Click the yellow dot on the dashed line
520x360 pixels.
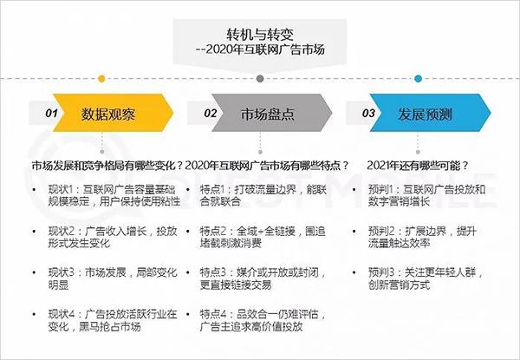(x=101, y=79)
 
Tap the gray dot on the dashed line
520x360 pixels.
(x=260, y=79)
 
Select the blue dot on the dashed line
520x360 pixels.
(x=419, y=79)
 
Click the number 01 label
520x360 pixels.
(x=51, y=114)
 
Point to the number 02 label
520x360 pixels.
(x=211, y=114)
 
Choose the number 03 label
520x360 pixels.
(x=368, y=114)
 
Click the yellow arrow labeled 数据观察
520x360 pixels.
(x=113, y=113)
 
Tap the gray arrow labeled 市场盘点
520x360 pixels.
(x=271, y=113)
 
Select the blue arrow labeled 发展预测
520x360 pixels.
(x=430, y=113)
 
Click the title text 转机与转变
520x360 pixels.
(x=260, y=34)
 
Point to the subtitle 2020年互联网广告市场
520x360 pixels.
(x=265, y=49)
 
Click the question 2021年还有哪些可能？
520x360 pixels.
(x=418, y=165)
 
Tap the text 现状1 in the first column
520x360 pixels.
(x=61, y=190)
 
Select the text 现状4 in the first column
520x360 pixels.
(x=62, y=314)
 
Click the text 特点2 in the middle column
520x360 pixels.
(x=213, y=232)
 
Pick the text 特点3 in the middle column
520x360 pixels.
(x=213, y=272)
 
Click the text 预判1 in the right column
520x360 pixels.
(x=380, y=190)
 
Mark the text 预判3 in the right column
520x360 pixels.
(x=381, y=272)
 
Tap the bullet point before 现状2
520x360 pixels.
(x=34, y=232)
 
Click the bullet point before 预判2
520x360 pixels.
(x=354, y=232)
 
